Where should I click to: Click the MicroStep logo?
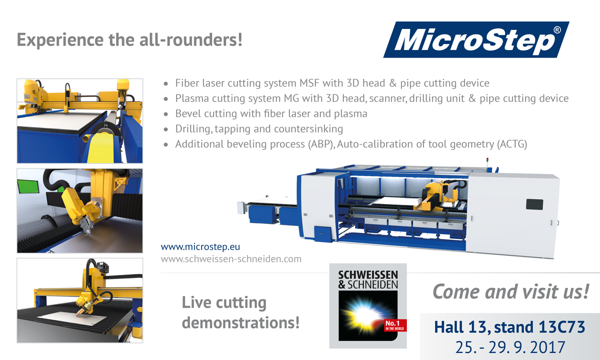point(476,39)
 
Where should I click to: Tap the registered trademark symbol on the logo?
point(557,29)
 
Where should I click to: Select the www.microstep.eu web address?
point(200,246)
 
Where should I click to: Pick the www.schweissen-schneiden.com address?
point(231,259)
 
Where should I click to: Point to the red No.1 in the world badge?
point(395,325)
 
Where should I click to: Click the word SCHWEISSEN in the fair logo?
point(368,275)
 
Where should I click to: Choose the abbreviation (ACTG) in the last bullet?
point(512,144)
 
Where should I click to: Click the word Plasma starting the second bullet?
point(192,98)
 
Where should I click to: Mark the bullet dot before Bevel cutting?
point(166,114)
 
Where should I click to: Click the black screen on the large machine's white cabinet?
point(534,204)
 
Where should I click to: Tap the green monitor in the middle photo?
point(28,186)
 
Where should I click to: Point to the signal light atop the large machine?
point(487,160)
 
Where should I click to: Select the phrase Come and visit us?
point(511,291)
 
